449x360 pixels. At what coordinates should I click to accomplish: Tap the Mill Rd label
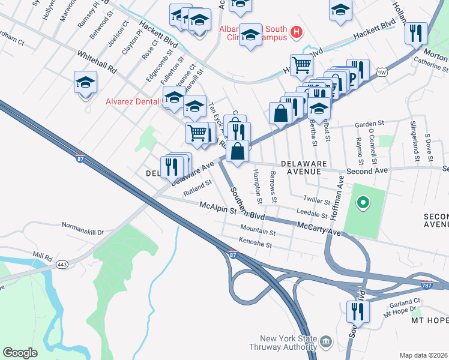(43, 256)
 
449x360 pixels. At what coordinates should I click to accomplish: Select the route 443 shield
(61, 264)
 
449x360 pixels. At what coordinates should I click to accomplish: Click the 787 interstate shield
(426, 284)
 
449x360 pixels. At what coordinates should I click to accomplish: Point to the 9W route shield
(381, 73)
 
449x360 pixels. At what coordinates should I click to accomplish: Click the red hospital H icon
(295, 32)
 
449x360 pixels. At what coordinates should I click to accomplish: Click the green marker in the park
(362, 202)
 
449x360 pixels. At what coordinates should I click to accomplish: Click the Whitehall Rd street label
(97, 62)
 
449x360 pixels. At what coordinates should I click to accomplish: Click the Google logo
(20, 353)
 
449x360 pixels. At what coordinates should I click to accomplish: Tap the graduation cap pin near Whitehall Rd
(85, 82)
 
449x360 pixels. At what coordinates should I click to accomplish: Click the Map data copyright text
(423, 355)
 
